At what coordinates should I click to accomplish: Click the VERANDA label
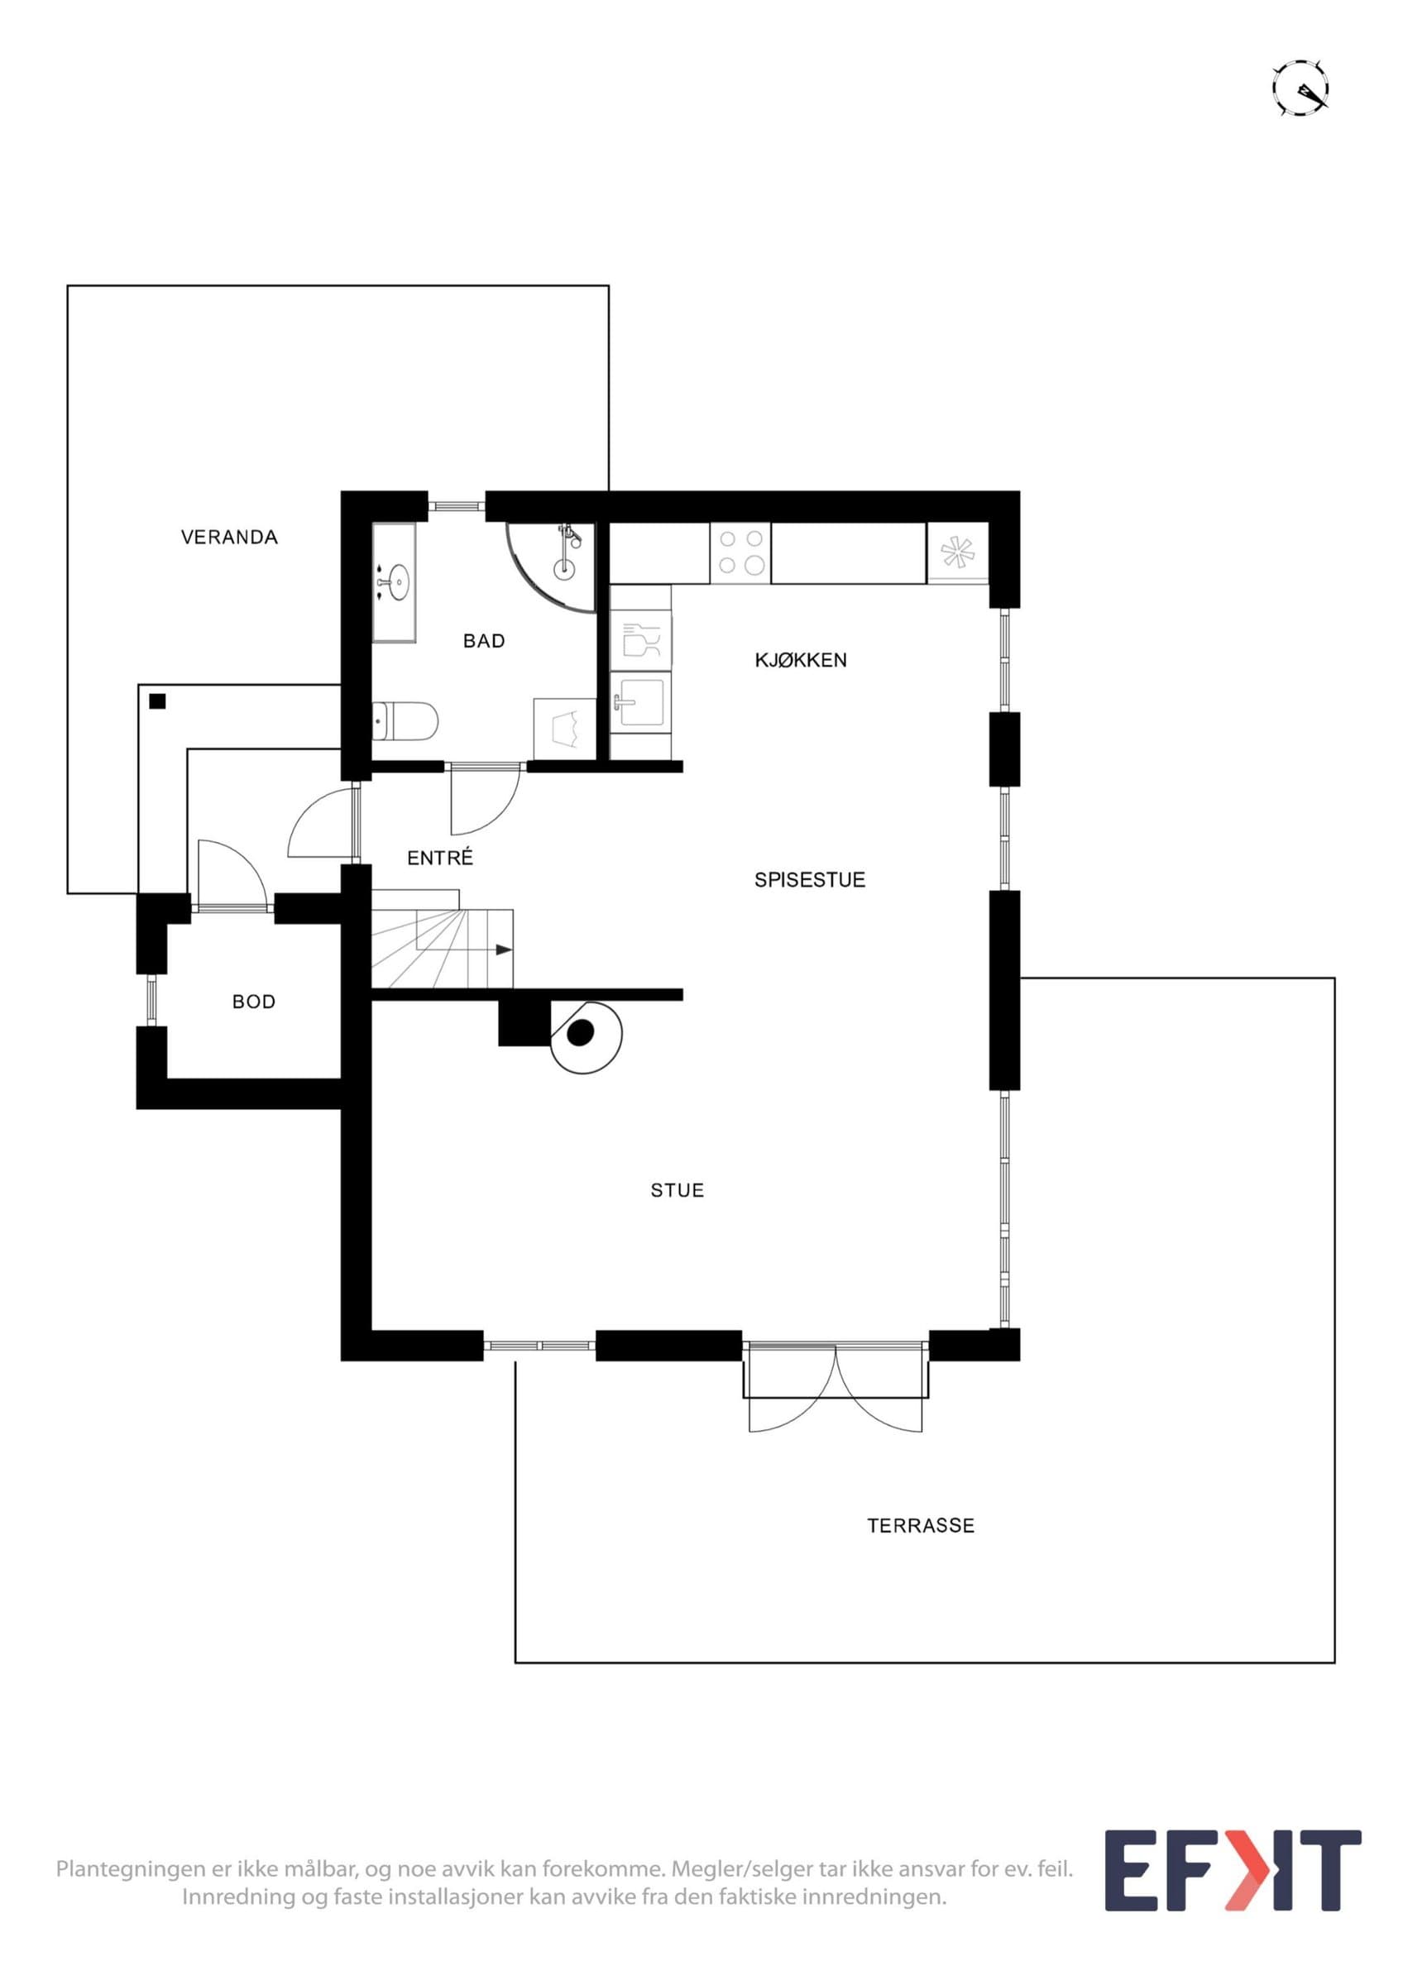point(229,537)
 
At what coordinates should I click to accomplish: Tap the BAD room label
point(484,641)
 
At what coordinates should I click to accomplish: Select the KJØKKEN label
point(801,660)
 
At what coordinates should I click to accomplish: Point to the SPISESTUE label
point(809,879)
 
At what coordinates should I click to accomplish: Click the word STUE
point(678,1190)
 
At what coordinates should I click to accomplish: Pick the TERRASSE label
point(921,1526)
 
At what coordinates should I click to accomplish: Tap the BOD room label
point(254,1001)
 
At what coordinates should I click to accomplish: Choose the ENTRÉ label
point(440,858)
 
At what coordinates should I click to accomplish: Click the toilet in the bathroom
point(405,721)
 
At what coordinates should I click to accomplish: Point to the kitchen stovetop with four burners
point(741,552)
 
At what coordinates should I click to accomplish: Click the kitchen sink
point(640,703)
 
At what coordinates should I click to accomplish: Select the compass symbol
point(1300,88)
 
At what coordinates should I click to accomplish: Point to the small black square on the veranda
point(156,701)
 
